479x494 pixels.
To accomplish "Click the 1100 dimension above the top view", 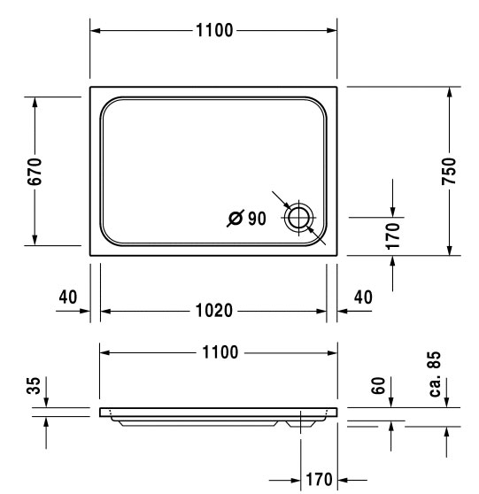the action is [214, 31].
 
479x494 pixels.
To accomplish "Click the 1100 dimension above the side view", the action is [220, 352].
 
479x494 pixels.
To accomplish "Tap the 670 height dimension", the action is [35, 172].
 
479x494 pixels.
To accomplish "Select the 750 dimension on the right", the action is [449, 171].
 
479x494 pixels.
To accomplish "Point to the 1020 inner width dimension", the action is [214, 311].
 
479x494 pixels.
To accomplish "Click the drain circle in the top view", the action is [298, 218].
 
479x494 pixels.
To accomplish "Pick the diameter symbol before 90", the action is [236, 218].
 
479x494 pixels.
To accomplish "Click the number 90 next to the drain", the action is [257, 219].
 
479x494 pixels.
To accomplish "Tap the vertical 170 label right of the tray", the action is [392, 236].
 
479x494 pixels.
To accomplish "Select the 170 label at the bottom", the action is [319, 480].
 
